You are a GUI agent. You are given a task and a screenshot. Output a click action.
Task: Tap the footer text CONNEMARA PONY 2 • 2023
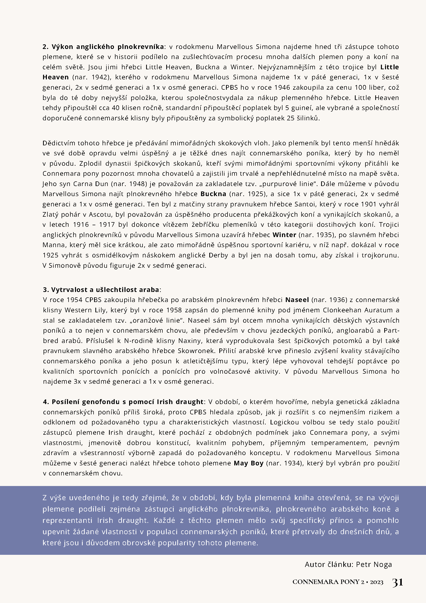(x=338, y=582)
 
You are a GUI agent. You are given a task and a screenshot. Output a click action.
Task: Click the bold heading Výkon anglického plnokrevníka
(x=108, y=47)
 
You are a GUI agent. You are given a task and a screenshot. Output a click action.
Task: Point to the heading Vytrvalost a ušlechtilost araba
(x=105, y=290)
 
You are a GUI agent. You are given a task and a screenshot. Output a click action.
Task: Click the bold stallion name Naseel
(x=297, y=300)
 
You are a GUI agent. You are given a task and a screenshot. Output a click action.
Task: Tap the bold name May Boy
(x=248, y=463)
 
